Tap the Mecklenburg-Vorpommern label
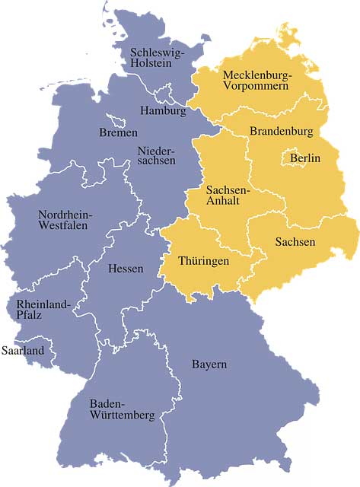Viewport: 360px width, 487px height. [256, 81]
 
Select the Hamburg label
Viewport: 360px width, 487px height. [163, 111]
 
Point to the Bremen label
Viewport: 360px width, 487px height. [118, 133]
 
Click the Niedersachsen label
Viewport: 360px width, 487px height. [156, 155]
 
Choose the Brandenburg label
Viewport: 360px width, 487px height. [282, 132]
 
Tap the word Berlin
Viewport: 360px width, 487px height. [304, 158]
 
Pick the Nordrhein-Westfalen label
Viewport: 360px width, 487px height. [65, 220]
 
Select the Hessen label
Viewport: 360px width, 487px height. [126, 269]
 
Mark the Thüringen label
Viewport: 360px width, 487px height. [203, 261]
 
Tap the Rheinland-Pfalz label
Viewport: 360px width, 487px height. [38, 310]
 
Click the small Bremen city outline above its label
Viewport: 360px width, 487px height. [116, 120]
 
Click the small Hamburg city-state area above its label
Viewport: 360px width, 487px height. [164, 97]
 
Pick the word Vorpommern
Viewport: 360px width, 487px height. [256, 87]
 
